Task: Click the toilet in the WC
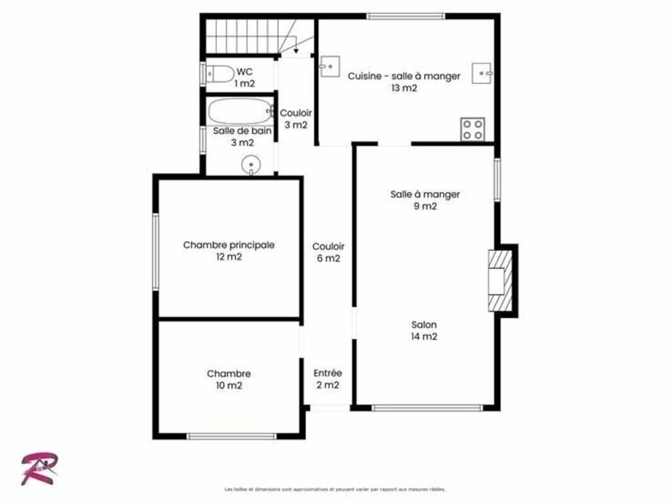[220, 74]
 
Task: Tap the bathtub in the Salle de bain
[241, 111]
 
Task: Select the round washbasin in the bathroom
[251, 165]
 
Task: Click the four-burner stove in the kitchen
[472, 129]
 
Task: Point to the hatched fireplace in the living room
[501, 280]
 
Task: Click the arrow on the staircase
[296, 45]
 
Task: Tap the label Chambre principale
[228, 245]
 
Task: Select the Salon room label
[424, 325]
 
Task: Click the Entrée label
[328, 373]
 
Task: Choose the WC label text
[245, 72]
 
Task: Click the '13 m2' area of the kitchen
[404, 88]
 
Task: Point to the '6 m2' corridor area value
[328, 258]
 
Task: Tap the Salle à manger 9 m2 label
[425, 200]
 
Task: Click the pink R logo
[39, 468]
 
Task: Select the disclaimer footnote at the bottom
[334, 489]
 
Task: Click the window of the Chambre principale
[156, 252]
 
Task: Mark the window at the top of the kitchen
[406, 16]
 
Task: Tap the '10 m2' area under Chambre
[228, 386]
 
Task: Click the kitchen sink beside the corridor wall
[330, 67]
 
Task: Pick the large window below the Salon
[427, 408]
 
